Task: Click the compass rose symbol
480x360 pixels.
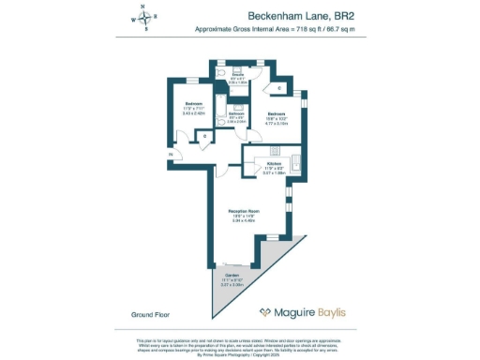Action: coord(144,18)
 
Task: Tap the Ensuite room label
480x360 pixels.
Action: coord(238,74)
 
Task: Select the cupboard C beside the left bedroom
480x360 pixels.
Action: coord(205,136)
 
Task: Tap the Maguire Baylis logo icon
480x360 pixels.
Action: coord(266,313)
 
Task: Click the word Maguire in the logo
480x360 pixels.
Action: coord(299,313)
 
